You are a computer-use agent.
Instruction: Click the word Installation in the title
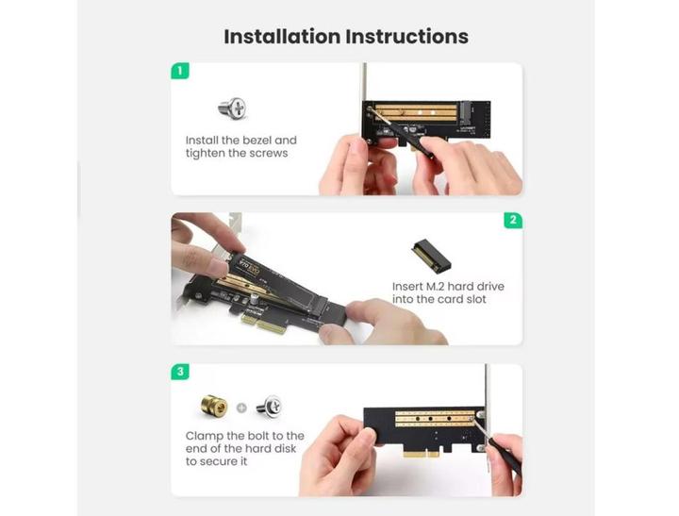point(282,37)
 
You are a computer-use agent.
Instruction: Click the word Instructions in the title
point(407,37)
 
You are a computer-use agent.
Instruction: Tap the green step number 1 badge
point(180,71)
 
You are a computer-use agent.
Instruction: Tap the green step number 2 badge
point(513,220)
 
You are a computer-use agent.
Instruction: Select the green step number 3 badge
point(180,372)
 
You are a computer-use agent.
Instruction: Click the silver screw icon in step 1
point(232,108)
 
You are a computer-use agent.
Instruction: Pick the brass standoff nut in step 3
point(214,406)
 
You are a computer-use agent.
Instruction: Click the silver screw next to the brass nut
point(269,407)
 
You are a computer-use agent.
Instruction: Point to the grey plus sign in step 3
point(241,408)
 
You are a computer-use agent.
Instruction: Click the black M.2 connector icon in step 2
point(431,256)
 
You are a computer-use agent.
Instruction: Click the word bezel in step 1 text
point(256,141)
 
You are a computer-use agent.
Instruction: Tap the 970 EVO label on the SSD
point(250,267)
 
